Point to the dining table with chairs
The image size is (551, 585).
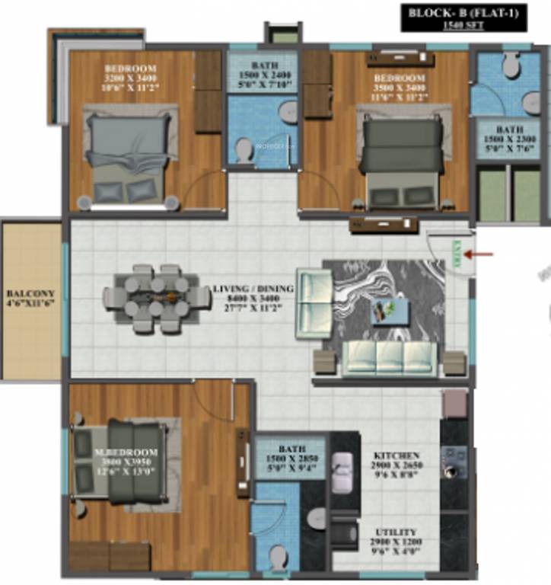click(x=157, y=298)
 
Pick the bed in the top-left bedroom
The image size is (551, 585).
click(x=126, y=156)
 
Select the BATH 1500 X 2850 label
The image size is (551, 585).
click(x=291, y=459)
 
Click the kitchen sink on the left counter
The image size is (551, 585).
click(x=343, y=465)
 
